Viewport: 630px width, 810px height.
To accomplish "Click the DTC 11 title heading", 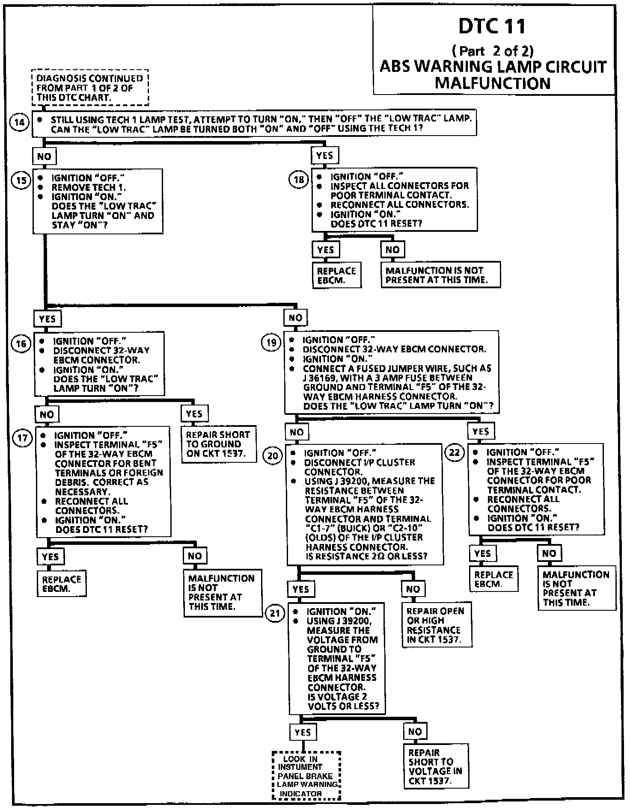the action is click(492, 27).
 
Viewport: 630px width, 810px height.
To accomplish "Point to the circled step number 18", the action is click(299, 180).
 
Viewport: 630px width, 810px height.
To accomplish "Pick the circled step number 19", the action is click(271, 343).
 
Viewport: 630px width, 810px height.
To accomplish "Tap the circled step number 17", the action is click(23, 438).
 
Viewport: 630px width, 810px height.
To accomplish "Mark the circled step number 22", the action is click(455, 453).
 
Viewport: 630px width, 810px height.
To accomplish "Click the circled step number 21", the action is click(275, 614).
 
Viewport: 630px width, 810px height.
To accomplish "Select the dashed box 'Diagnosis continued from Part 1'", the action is click(90, 88).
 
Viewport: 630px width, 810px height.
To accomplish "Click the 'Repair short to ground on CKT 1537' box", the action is click(218, 444).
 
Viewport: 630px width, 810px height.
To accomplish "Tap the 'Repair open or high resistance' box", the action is click(436, 625).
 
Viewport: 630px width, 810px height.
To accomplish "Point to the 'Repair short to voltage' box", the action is click(436, 766).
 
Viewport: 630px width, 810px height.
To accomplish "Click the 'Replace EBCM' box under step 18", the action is click(336, 275).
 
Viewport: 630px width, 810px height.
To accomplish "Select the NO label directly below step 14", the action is click(45, 157).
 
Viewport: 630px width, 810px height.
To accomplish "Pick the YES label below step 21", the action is click(303, 732).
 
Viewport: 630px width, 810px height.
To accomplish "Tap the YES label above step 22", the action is click(481, 431).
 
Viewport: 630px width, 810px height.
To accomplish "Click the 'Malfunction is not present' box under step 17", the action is click(223, 592).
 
